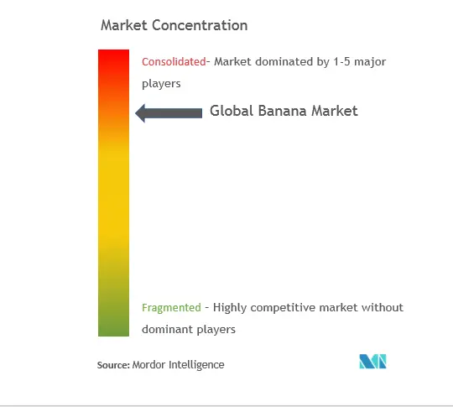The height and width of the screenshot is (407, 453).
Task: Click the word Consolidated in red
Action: [x=174, y=62]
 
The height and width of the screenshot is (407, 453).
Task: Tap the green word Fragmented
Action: [x=171, y=308]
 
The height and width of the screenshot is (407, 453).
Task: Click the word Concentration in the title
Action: [x=200, y=25]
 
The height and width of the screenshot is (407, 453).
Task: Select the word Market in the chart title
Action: [x=124, y=25]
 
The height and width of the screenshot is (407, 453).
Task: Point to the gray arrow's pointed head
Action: [x=136, y=113]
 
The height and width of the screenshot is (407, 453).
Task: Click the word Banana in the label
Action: [x=282, y=111]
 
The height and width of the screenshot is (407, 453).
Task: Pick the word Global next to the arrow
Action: [x=232, y=111]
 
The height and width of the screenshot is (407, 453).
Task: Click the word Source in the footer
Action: [x=113, y=365]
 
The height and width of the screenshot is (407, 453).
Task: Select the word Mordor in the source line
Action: [x=148, y=365]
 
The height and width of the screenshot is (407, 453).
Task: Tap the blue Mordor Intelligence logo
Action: [x=372, y=362]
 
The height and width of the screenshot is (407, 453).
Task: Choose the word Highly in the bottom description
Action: [x=230, y=308]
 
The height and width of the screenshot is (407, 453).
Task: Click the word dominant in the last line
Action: [x=167, y=330]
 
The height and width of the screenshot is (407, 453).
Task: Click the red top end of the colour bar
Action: [x=113, y=50]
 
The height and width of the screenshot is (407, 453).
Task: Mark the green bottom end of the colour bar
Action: [x=113, y=335]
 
